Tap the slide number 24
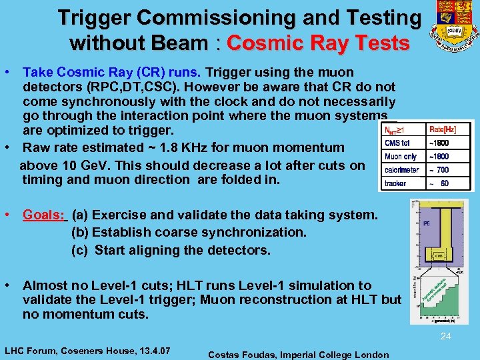point(445,337)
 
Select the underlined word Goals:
point(44,215)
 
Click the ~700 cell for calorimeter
point(439,170)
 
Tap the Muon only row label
point(401,157)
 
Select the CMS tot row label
point(398,143)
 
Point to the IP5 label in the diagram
point(426,223)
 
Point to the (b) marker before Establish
point(80,232)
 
